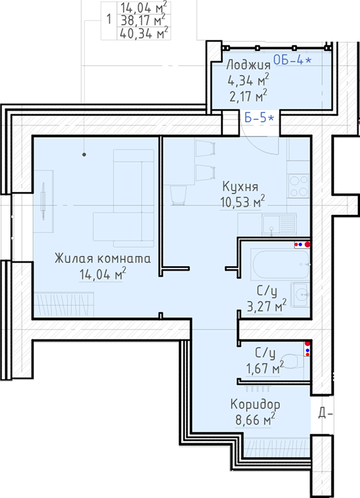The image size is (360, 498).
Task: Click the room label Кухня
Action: [240, 187]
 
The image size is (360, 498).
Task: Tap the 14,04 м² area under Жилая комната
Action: [102, 273]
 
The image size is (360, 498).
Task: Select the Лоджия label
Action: [248, 65]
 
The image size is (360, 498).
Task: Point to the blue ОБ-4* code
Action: [292, 60]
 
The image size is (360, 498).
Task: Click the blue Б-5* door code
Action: [259, 118]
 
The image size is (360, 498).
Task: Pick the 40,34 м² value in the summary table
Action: [144, 33]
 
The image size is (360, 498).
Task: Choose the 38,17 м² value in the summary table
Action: [143, 20]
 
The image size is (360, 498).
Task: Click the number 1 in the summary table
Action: [109, 19]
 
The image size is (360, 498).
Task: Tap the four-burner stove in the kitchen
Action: [299, 186]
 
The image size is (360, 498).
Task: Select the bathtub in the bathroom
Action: [280, 265]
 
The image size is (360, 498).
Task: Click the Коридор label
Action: [255, 404]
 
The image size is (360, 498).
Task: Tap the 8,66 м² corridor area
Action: [255, 419]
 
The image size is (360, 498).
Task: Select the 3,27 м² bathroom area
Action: [266, 305]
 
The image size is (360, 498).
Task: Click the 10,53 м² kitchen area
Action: [243, 201]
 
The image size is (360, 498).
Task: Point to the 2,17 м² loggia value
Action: [248, 95]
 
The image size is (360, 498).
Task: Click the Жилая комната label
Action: [102, 259]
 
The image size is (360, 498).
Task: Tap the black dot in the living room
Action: [84, 154]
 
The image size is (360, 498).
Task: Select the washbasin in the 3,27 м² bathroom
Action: [300, 295]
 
